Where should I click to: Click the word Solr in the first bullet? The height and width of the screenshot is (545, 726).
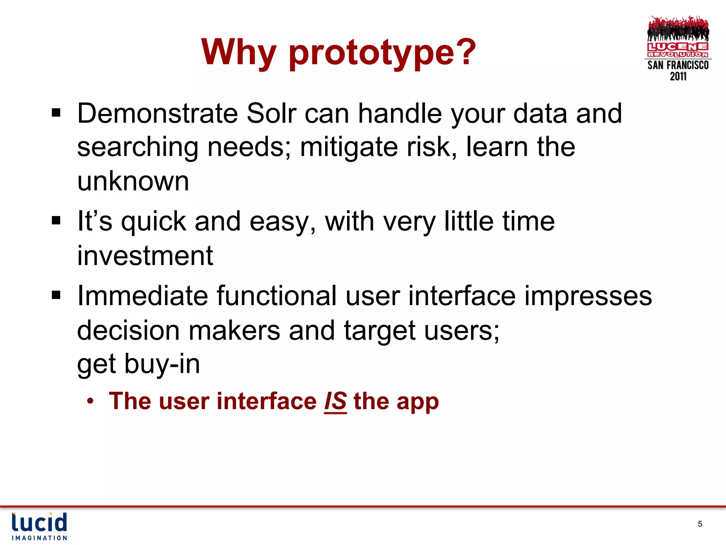click(271, 114)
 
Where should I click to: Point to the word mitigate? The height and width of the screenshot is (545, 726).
click(349, 147)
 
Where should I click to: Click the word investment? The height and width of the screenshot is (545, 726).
click(145, 255)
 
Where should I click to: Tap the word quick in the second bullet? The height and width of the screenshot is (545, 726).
click(153, 222)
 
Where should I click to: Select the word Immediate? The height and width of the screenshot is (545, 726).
click(142, 296)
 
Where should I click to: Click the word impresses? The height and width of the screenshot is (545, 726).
click(588, 296)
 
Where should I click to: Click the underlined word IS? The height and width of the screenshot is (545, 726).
click(335, 401)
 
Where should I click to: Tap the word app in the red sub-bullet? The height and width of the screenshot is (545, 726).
click(417, 402)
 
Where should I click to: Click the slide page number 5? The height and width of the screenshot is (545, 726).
click(700, 524)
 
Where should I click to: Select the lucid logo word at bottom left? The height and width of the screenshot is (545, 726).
click(39, 522)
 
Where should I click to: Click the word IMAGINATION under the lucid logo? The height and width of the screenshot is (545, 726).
click(39, 538)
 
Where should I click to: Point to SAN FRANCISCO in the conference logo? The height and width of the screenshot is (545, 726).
click(678, 65)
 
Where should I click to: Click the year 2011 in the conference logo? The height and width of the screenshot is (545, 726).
click(678, 76)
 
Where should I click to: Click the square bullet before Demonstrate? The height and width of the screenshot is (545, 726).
click(56, 114)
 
